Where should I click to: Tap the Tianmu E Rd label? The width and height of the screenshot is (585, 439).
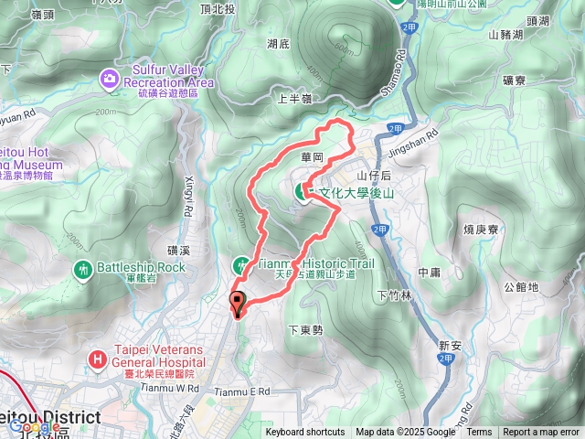[x=242, y=391]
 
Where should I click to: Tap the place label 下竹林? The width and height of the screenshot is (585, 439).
[x=394, y=294]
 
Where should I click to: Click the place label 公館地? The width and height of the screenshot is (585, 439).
[x=521, y=287]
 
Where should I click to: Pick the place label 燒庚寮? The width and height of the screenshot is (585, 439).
[x=480, y=230]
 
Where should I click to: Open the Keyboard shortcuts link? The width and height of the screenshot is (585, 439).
[x=305, y=433]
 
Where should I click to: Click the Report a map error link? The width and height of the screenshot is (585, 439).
[x=541, y=433]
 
